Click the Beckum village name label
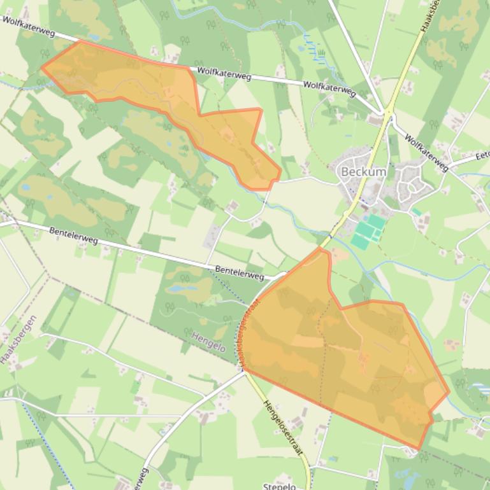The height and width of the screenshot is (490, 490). [x=364, y=172]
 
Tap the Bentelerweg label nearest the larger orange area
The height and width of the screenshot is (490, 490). [x=239, y=272]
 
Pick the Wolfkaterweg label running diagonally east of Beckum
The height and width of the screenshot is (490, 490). [x=426, y=152]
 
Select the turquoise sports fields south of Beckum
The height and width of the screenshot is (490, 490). [x=368, y=232]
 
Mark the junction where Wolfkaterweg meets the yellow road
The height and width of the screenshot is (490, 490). [x=387, y=113]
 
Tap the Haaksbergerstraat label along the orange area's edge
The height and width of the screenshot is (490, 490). [x=250, y=331]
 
